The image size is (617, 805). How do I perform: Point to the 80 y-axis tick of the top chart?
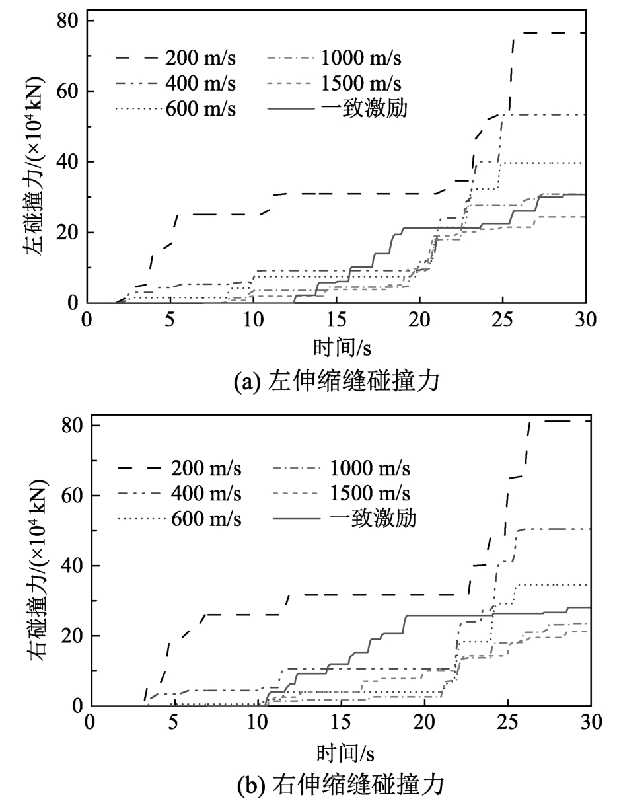click(66, 21)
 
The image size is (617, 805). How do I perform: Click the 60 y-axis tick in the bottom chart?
click(70, 496)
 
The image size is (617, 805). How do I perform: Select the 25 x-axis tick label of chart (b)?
click(507, 721)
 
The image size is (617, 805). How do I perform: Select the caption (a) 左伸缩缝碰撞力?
click(336, 382)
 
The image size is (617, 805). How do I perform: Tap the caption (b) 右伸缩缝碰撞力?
click(340, 785)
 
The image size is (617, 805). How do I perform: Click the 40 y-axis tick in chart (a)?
click(66, 162)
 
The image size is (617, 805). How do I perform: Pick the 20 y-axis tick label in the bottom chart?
click(70, 636)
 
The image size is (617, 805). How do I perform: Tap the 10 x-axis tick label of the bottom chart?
click(256, 721)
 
